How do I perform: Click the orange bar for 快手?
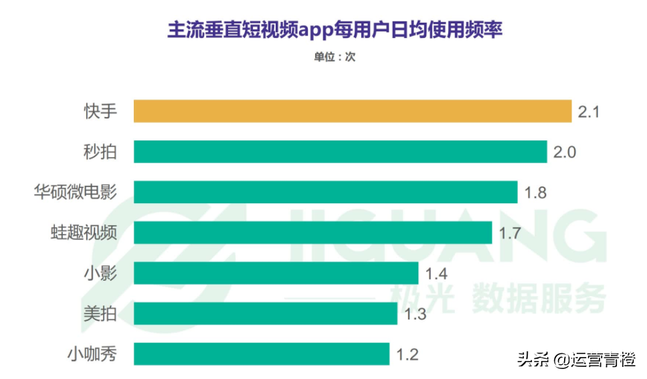click(x=353, y=111)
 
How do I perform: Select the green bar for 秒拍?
click(x=340, y=152)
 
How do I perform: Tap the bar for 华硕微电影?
click(x=325, y=192)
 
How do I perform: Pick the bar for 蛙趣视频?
click(x=313, y=233)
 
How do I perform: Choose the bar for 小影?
click(x=276, y=273)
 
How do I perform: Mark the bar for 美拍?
click(x=265, y=313)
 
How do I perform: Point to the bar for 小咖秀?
click(x=261, y=354)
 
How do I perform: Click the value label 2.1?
click(x=588, y=112)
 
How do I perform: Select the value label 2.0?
click(x=565, y=152)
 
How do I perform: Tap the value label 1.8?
click(x=536, y=193)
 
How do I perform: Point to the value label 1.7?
click(x=511, y=233)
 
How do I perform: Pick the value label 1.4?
click(x=436, y=273)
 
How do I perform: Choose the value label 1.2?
click(x=407, y=354)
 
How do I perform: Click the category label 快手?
click(x=100, y=111)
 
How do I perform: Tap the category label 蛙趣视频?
click(x=84, y=233)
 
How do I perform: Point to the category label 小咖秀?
click(x=92, y=354)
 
